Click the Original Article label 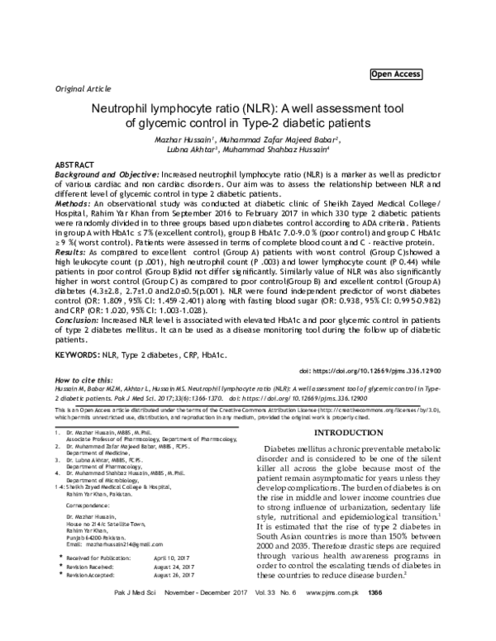81,87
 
